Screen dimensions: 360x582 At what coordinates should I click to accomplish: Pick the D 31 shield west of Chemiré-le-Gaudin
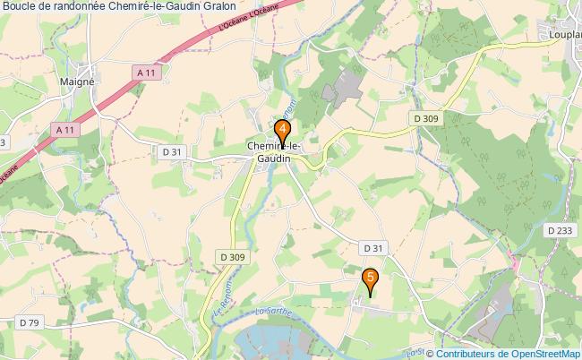click(x=173, y=152)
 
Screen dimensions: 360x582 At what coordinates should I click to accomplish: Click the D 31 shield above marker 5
click(x=372, y=247)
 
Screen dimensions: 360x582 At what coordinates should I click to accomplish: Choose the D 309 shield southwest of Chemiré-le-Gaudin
click(x=230, y=258)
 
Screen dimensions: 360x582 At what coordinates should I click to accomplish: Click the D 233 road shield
click(x=559, y=230)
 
